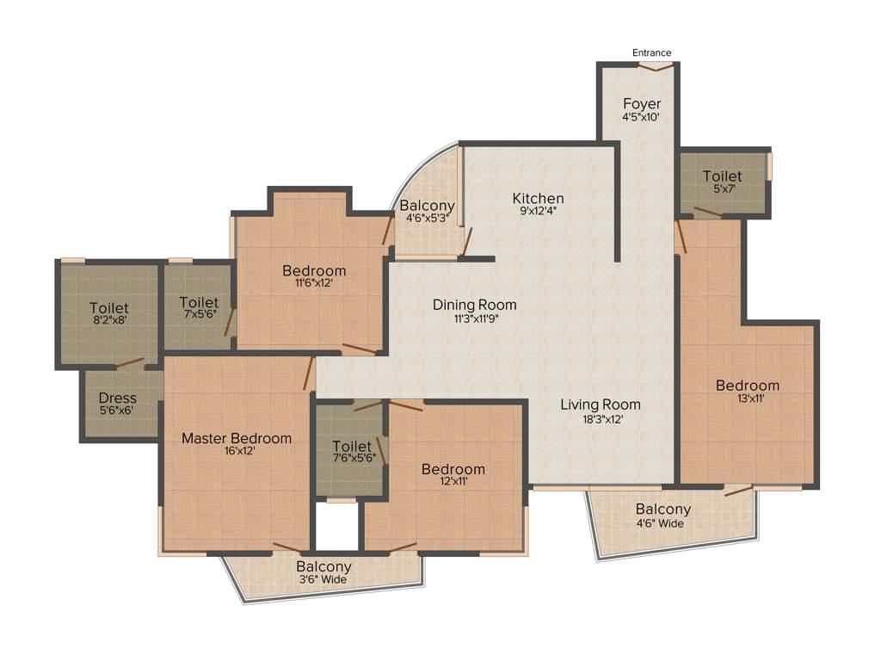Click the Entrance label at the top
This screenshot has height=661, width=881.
point(651,53)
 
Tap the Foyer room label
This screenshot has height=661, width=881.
point(642,104)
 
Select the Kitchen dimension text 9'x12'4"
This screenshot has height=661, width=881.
point(539,211)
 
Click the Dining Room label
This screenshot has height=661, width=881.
point(474,305)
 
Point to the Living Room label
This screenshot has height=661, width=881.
point(601,405)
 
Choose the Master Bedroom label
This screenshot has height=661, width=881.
point(236,438)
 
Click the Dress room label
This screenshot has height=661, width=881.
point(117,398)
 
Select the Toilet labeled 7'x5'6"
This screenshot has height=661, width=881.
point(199,303)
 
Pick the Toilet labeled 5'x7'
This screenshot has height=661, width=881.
point(722,176)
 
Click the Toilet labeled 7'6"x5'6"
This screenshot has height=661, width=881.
point(352,447)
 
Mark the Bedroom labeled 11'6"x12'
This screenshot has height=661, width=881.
point(314,271)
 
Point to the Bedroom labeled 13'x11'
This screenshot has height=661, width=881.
point(747,386)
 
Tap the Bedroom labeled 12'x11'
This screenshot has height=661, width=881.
point(453,469)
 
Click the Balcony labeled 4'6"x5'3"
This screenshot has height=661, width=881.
point(427,206)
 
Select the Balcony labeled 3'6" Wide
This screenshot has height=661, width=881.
point(323,567)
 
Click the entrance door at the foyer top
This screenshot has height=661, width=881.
point(651,65)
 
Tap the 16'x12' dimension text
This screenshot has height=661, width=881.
point(236,450)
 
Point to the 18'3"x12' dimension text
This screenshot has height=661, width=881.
point(601,418)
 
